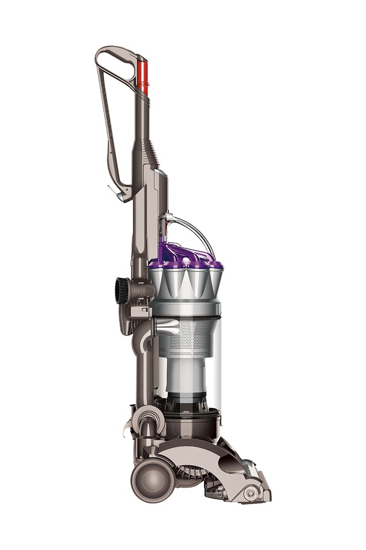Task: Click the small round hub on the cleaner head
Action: coord(250,494)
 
